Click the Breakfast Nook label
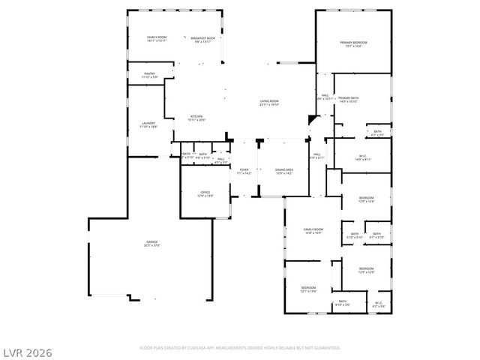(202, 37)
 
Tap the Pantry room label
(149, 73)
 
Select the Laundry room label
(148, 123)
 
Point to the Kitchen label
(196, 115)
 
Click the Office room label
(205, 192)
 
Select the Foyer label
(244, 169)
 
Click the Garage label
(152, 241)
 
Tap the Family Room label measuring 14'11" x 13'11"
(157, 37)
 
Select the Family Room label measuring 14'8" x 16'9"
(313, 229)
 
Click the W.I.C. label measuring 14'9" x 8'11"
(364, 156)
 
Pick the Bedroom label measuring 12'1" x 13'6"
(309, 287)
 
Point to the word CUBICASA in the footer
(193, 348)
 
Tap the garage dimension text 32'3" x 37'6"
(152, 245)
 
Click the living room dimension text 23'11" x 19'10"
(269, 105)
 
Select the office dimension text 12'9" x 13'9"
(205, 196)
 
